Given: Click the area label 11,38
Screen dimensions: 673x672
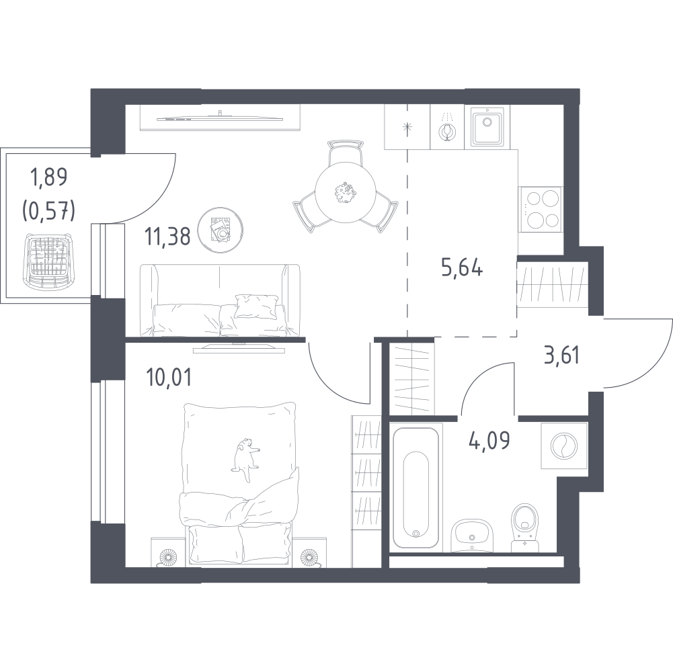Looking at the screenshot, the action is click(x=168, y=237).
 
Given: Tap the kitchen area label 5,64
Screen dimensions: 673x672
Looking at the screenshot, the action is click(x=462, y=268).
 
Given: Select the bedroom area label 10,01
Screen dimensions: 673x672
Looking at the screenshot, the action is click(x=168, y=378).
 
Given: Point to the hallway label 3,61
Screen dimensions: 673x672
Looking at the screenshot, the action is click(x=561, y=356).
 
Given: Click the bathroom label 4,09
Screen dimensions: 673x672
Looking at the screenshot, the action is click(x=489, y=440).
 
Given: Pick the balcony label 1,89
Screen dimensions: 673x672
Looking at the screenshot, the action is click(x=48, y=177).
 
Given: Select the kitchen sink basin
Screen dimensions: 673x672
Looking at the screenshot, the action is click(x=488, y=126).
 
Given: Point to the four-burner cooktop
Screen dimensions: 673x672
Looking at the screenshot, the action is click(x=540, y=210).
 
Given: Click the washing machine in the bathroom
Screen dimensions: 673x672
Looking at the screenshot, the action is click(x=564, y=446).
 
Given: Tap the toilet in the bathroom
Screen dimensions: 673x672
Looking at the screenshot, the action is click(x=525, y=527).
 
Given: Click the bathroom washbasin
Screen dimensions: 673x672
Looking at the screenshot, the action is click(x=472, y=535).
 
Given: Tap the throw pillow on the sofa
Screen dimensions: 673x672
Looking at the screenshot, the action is click(x=255, y=306).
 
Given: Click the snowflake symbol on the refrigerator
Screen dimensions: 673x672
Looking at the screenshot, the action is click(x=407, y=126).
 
